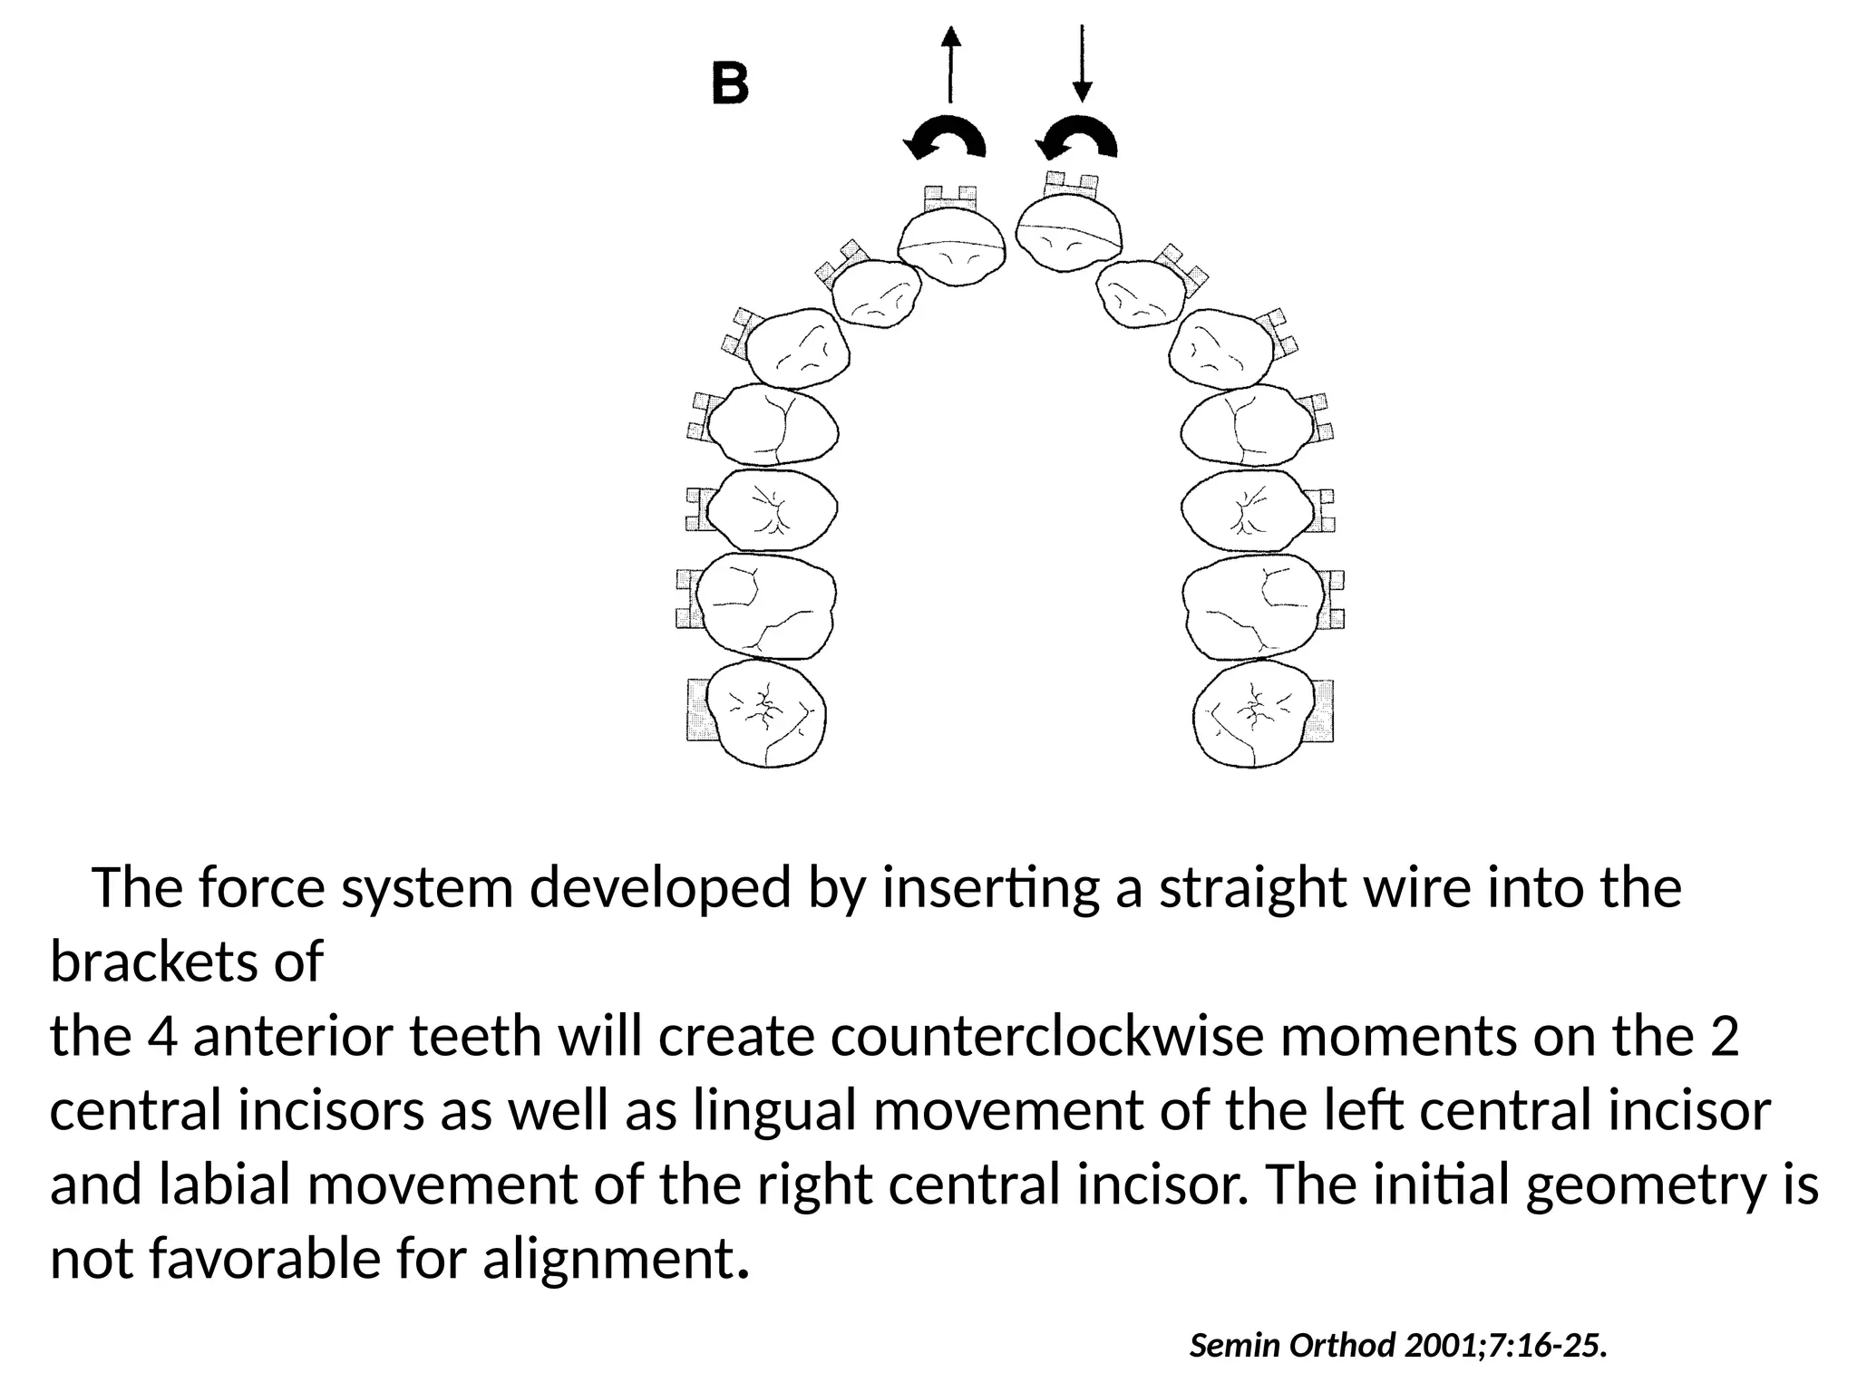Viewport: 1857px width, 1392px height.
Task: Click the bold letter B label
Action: click(x=729, y=85)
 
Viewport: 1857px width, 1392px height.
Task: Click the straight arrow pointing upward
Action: click(x=949, y=63)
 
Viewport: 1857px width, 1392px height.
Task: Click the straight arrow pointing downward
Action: click(x=1082, y=63)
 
